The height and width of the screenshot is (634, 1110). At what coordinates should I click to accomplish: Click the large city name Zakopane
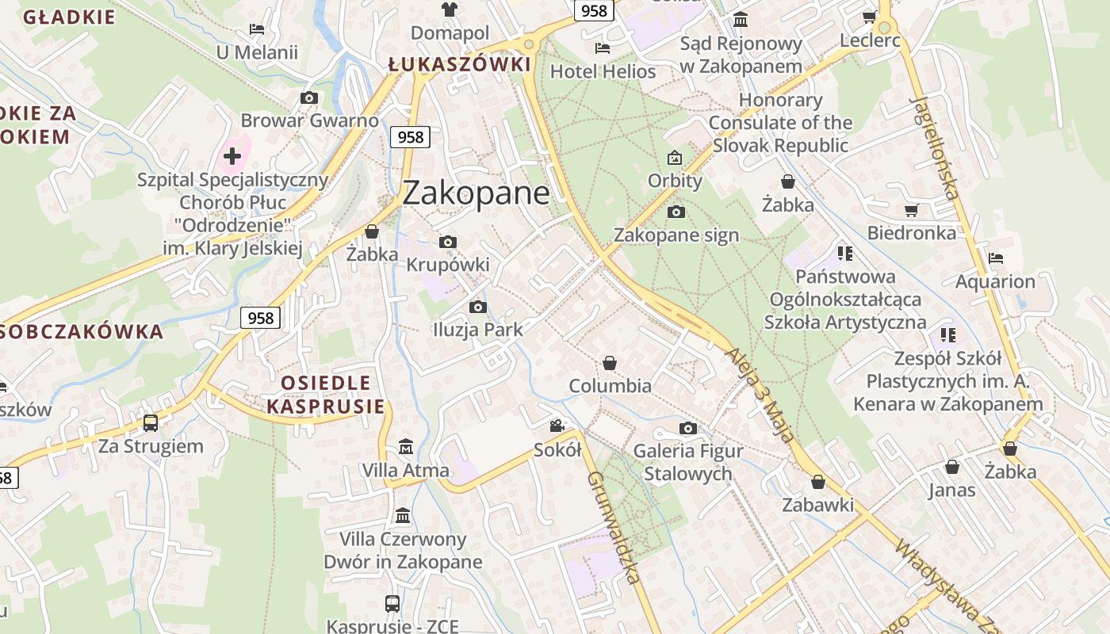[476, 193]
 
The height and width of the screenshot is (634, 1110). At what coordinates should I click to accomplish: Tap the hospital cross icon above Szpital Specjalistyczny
[232, 155]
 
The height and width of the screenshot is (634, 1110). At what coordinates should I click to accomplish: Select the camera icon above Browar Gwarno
[309, 97]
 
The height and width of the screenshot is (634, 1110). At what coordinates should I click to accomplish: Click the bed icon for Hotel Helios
[603, 48]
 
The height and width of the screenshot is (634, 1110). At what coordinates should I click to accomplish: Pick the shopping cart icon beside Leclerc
[869, 17]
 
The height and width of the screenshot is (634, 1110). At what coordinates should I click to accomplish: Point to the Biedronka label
[911, 233]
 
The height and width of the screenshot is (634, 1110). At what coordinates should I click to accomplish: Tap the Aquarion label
[995, 281]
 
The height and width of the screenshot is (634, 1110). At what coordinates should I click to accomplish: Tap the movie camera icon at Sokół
[557, 426]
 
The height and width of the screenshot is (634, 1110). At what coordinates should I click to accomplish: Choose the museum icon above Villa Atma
[406, 446]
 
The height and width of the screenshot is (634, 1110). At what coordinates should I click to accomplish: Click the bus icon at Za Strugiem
[151, 422]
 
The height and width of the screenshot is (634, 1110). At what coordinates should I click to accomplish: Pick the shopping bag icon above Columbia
[610, 363]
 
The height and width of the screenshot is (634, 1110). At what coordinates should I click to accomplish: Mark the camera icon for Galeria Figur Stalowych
[688, 428]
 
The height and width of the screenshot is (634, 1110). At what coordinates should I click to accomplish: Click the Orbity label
[675, 181]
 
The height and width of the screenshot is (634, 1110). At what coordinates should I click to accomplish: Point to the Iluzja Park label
[477, 330]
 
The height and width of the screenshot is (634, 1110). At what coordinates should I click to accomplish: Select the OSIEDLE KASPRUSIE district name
[325, 395]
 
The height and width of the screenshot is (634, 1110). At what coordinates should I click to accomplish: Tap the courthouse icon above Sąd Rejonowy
[741, 19]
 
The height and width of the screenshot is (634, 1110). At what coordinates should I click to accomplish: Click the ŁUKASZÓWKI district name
[459, 64]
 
